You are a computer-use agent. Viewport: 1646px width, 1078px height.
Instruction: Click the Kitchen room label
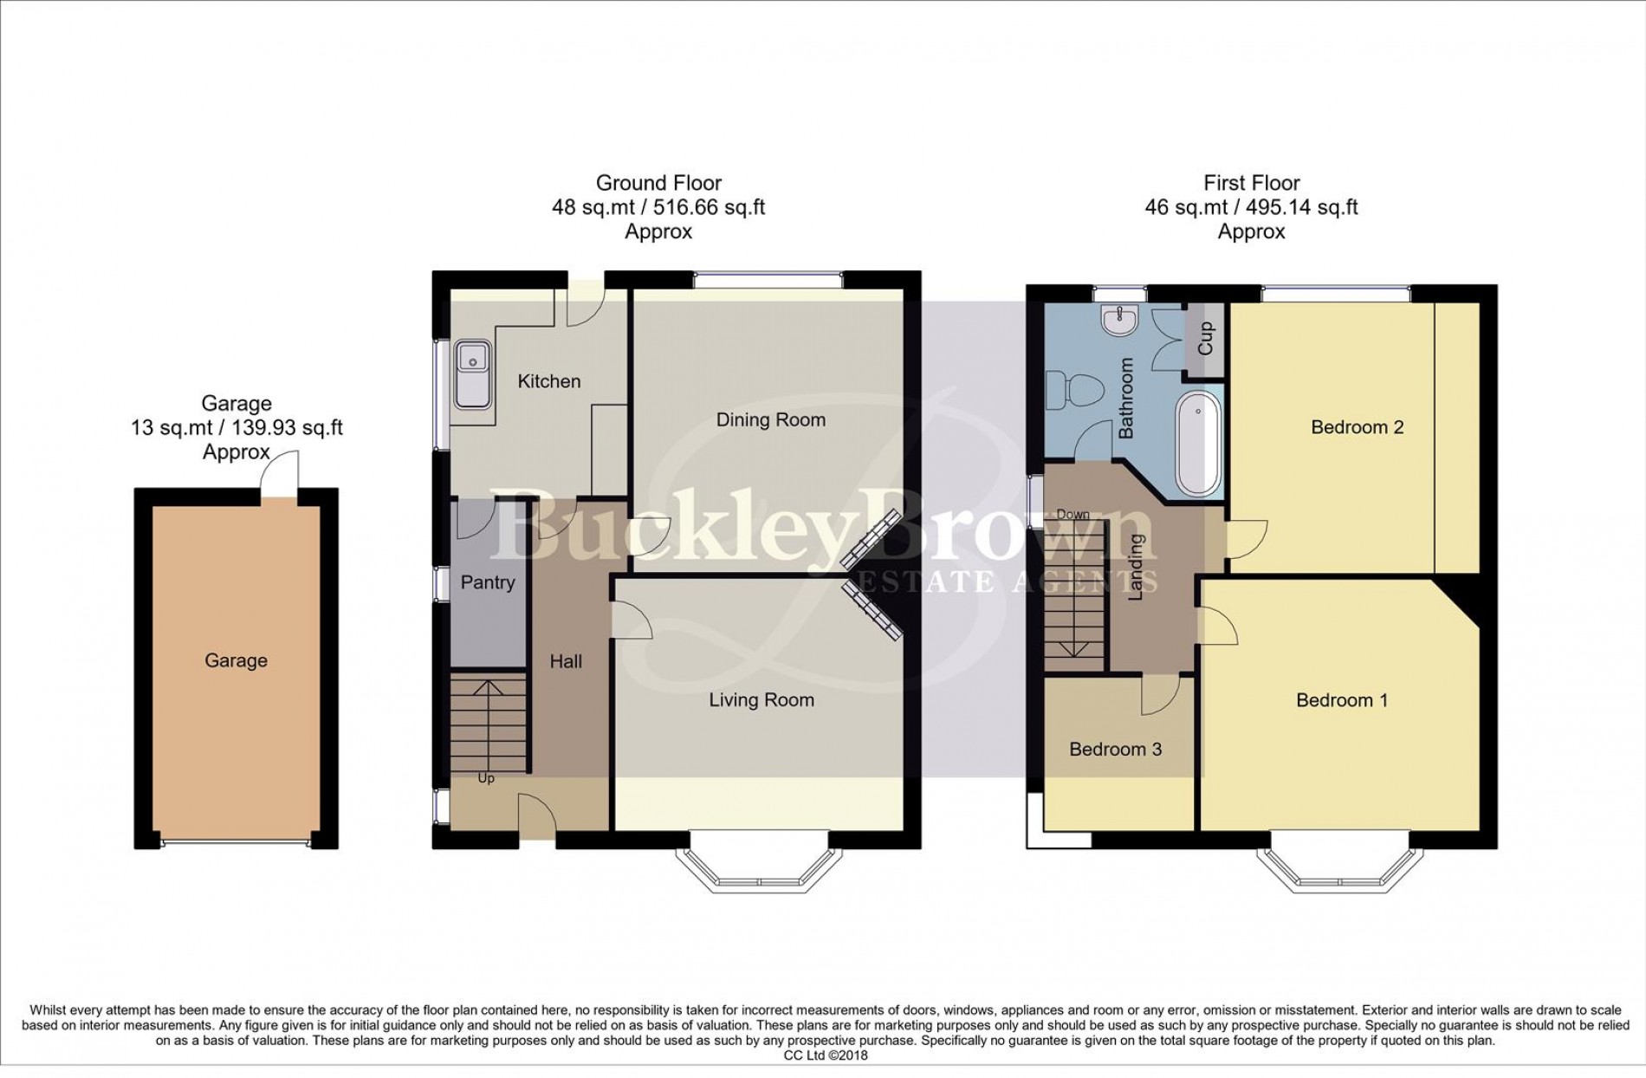[x=548, y=381]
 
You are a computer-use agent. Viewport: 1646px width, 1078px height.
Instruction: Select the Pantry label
[x=487, y=582]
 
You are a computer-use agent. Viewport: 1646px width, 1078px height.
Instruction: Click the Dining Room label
[x=770, y=420]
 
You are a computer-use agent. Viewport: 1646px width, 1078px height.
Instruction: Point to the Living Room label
[x=761, y=700]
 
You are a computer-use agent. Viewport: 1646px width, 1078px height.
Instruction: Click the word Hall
[x=566, y=662]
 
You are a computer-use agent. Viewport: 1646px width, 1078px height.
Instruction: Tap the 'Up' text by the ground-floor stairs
[x=486, y=779]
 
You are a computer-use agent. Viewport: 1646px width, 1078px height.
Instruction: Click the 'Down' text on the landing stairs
[x=1072, y=515]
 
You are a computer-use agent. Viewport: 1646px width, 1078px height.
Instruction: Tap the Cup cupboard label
[x=1205, y=339]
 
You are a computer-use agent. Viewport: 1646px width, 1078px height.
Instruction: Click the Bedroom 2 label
[x=1357, y=427]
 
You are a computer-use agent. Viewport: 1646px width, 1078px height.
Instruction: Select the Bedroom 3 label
[x=1115, y=750]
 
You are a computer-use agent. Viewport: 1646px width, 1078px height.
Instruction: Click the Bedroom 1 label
[x=1341, y=700]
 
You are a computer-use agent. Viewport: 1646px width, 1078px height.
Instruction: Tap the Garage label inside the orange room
[x=236, y=661]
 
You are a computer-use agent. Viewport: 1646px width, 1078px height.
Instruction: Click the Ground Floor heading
[x=658, y=183]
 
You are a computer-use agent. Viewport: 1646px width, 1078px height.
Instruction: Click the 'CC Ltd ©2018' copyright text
[x=825, y=1055]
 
